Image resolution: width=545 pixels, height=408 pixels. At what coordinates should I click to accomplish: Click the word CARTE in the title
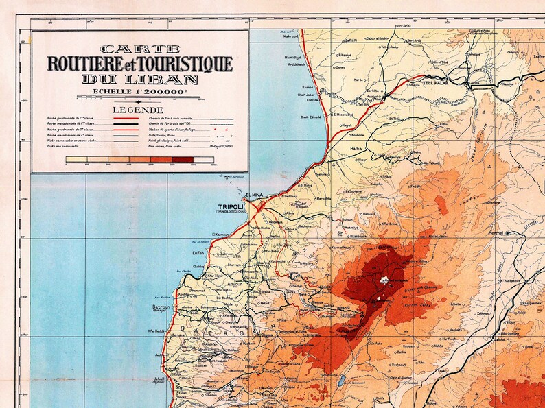pyautogui.click(x=139, y=49)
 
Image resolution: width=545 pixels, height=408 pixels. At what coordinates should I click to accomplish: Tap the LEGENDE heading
pyautogui.click(x=139, y=110)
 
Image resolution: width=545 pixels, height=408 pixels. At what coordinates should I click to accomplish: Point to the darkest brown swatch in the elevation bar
pyautogui.click(x=183, y=160)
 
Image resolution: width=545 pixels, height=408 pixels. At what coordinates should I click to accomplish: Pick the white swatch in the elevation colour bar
pyautogui.click(x=203, y=160)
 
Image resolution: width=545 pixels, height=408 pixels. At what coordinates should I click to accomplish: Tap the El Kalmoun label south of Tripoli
pyautogui.click(x=220, y=235)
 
